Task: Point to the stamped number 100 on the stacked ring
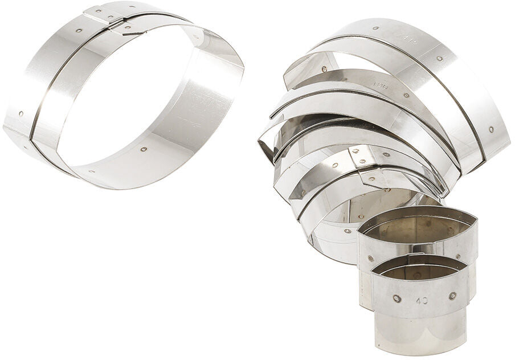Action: [380, 85]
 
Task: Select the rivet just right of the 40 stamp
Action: [452, 296]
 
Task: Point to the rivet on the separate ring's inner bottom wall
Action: [143, 150]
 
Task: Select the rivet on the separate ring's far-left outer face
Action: [21, 113]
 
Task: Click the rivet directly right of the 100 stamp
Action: [406, 95]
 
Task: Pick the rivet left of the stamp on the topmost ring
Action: [376, 27]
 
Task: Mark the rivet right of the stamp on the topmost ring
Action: [440, 58]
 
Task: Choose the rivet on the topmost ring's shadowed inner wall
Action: [324, 69]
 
